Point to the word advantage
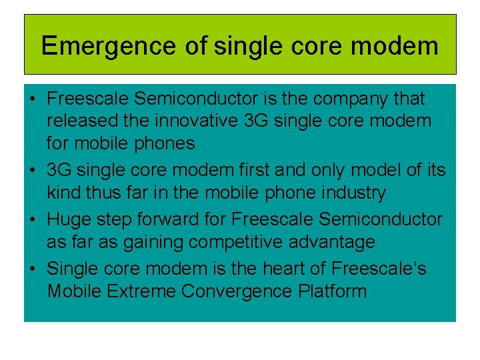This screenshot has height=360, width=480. coord(337,241)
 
